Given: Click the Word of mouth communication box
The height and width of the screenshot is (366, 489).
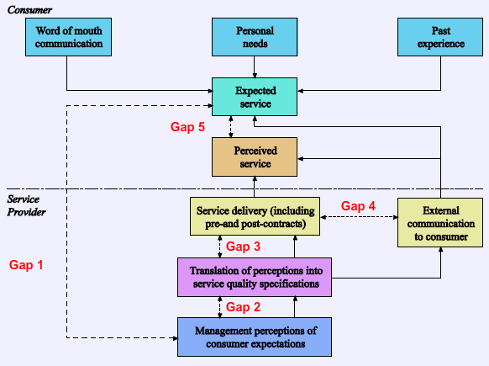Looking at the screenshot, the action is tap(68, 37).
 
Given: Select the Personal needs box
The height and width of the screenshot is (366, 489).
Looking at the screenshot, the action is tap(255, 37).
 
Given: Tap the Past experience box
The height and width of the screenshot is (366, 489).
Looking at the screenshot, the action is tap(440, 37).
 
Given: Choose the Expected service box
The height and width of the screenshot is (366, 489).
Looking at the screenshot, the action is tap(255, 97).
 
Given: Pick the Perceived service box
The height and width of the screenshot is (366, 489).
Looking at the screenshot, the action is tap(255, 157).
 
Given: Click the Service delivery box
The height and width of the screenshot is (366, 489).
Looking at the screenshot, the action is tap(255, 216).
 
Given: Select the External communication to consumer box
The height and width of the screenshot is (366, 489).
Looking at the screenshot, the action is tap(440, 223).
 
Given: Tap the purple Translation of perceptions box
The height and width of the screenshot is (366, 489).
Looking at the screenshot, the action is tap(255, 277).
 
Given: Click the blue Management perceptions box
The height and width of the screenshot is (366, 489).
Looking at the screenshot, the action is tap(255, 337).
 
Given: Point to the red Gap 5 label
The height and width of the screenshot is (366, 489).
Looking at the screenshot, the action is tap(187, 127).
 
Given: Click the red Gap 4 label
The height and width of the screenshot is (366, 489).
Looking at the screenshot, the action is tap(358, 206).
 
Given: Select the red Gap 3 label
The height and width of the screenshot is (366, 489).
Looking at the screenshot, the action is tap(243, 247).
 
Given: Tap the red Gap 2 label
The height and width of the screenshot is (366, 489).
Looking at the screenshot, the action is tap(243, 307).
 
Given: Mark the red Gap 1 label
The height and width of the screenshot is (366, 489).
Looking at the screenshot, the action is tap(26, 265).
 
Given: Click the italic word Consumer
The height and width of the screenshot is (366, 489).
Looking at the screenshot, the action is tap(29, 10).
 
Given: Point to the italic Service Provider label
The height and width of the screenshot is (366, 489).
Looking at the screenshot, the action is tap(26, 205).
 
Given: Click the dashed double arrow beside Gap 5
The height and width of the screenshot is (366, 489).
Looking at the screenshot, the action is tap(231, 127).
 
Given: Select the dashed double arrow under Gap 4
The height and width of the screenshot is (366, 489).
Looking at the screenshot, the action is tap(359, 217).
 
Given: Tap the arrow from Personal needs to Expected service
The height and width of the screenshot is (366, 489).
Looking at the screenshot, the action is tap(255, 67).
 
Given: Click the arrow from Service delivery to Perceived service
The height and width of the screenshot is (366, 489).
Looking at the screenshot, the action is tap(255, 187).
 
